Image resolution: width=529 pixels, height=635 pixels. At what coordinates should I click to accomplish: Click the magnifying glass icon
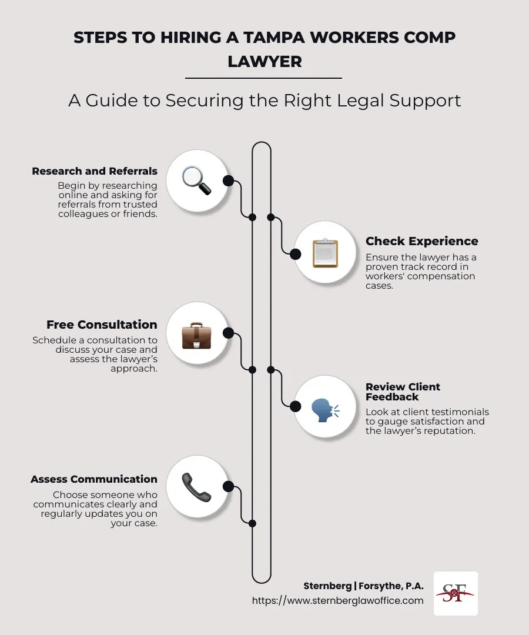196,181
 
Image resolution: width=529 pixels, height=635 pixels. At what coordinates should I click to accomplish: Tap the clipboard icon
324,253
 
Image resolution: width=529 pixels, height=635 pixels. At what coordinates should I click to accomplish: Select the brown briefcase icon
196,333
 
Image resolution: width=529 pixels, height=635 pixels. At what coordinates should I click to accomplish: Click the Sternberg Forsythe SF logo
456,593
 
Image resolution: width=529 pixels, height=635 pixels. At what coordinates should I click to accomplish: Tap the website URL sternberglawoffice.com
337,600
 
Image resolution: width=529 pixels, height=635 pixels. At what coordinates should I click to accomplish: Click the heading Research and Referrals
95,172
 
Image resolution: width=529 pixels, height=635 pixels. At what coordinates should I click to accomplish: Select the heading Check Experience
421,241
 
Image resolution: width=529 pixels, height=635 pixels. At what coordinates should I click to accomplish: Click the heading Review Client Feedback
403,392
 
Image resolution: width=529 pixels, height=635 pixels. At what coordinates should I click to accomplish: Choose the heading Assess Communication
94,479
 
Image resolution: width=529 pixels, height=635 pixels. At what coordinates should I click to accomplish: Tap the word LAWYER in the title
264,61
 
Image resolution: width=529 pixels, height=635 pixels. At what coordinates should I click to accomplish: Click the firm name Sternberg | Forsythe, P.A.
363,586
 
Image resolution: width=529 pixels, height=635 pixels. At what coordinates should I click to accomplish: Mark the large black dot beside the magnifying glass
228,181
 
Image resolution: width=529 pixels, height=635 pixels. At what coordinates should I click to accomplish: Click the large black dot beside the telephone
228,486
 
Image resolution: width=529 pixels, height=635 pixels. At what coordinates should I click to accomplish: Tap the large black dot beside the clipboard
296,254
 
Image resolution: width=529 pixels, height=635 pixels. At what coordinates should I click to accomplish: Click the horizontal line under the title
263,78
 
